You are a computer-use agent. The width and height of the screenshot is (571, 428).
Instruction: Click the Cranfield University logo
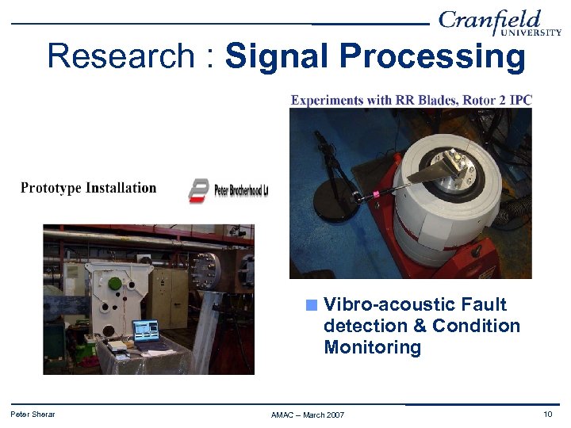(x=500, y=23)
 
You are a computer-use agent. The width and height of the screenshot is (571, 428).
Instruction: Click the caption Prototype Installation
(x=88, y=188)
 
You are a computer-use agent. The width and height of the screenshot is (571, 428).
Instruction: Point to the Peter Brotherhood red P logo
(x=199, y=190)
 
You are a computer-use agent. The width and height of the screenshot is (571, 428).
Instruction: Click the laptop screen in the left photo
(x=145, y=330)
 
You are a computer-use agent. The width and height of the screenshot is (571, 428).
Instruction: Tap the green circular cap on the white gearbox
(x=116, y=283)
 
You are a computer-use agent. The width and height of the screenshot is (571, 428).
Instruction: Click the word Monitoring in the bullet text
(x=372, y=347)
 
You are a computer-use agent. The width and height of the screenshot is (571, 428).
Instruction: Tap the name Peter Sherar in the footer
(x=33, y=414)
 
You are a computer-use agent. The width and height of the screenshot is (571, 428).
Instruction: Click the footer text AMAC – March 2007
(x=307, y=415)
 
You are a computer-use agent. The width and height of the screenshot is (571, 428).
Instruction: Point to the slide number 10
(x=547, y=414)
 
